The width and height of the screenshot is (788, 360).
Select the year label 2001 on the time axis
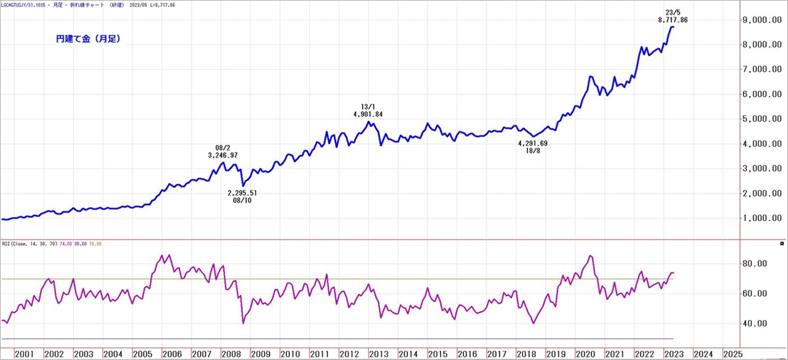pos(24,354)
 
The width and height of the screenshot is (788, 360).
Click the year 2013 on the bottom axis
pos(378,354)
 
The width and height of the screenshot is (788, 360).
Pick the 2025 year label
pos(732,354)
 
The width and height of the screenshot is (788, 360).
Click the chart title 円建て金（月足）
pos(88,39)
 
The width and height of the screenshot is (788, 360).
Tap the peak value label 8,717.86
pos(672,20)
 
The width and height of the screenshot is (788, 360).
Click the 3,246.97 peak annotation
pos(223,155)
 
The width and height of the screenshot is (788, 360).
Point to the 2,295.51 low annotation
pos(242,193)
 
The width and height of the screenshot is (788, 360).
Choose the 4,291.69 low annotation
pos(532,143)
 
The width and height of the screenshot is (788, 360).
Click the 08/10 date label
pos(242,201)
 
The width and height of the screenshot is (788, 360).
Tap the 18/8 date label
pos(532,151)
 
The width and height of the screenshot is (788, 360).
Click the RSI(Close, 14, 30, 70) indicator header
pos(30,244)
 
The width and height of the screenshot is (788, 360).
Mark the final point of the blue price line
pos(674,27)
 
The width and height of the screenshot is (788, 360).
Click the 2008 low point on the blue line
pos(243,186)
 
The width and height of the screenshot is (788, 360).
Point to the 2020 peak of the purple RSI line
pos(590,256)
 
